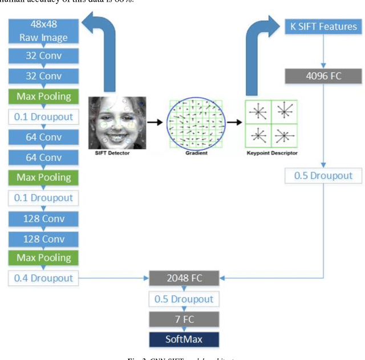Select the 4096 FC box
(x=323, y=76)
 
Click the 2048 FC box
(x=184, y=278)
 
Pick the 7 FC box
(x=184, y=319)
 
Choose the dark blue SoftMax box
(x=184, y=340)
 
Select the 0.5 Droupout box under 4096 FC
(x=323, y=176)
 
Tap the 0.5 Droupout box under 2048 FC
(x=184, y=299)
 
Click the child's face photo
(x=117, y=122)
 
